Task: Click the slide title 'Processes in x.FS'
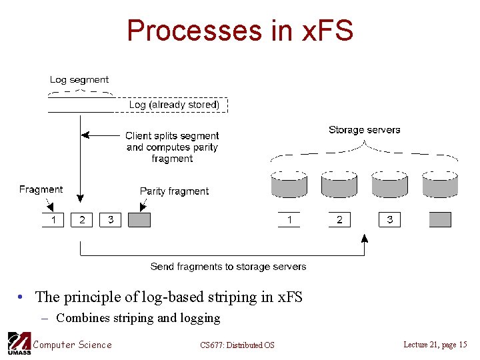click(240, 31)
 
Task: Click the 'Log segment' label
click(79, 79)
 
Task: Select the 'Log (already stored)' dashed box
click(174, 105)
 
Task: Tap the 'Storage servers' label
click(364, 129)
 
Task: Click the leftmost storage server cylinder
click(289, 183)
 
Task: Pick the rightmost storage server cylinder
click(440, 183)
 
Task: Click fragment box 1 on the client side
click(53, 219)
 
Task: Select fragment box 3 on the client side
click(111, 219)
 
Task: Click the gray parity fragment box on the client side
click(139, 219)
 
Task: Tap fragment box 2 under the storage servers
click(339, 219)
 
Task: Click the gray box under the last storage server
click(440, 219)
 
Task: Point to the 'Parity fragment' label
click(174, 191)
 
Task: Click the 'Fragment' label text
click(41, 189)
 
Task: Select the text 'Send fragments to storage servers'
click(228, 267)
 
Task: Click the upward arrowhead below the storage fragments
click(364, 238)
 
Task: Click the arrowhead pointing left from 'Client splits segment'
click(92, 135)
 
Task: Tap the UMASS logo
click(19, 343)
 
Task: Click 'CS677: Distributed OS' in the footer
click(237, 345)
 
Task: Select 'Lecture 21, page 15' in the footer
click(435, 344)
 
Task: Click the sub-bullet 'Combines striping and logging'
click(138, 318)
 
